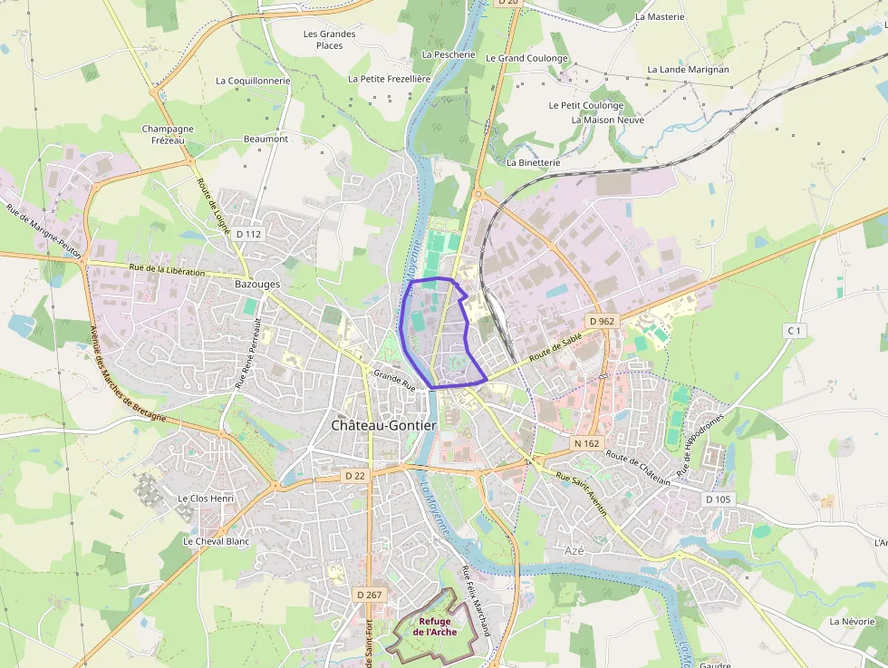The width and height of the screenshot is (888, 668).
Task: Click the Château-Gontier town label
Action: (383, 425)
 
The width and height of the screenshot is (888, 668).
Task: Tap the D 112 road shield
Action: (247, 234)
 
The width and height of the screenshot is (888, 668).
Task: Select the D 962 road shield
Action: (601, 321)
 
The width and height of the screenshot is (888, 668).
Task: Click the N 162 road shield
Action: (587, 443)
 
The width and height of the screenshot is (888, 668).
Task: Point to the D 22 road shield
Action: (354, 475)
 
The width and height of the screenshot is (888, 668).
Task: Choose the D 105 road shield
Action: (717, 499)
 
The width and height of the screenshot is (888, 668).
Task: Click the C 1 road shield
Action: (794, 331)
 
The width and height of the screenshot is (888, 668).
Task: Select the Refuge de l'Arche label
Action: (435, 626)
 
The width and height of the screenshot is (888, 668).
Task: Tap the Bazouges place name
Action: (257, 284)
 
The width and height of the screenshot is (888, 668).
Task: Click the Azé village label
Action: (574, 550)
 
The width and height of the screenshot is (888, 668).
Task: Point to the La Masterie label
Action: (660, 16)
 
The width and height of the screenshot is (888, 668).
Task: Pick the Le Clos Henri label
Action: (206, 499)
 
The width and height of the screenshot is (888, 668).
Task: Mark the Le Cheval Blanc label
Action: (216, 541)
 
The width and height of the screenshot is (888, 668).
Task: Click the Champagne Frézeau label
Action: (168, 134)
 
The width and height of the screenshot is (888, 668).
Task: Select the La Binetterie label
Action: (534, 163)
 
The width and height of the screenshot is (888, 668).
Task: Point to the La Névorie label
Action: (853, 622)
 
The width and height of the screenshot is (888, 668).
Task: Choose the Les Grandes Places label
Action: (330, 40)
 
